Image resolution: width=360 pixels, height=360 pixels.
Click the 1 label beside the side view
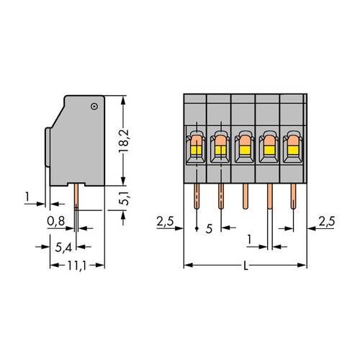click(27, 195)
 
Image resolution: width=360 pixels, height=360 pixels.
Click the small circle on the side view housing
click(94, 107)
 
